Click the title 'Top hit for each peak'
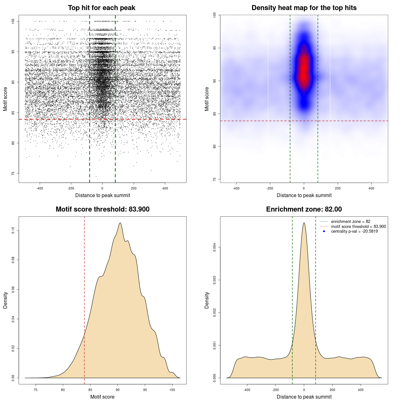point(101,8)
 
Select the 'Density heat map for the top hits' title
point(304,8)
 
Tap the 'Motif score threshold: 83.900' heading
point(102,209)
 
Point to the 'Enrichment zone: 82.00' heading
point(304,209)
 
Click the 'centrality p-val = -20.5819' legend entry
point(354,231)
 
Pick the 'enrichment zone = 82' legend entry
point(350,222)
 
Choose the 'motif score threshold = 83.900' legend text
point(358,226)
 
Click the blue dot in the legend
point(324,231)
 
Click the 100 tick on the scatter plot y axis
point(13,21)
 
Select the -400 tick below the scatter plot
point(40,188)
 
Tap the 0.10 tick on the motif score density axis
point(13,231)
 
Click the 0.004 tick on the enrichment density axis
point(215,247)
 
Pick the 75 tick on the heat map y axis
point(215,179)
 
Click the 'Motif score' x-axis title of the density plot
point(102,397)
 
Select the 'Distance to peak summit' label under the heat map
point(304,195)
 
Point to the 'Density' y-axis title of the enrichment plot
point(207,300)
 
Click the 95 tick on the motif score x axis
point(145,390)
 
